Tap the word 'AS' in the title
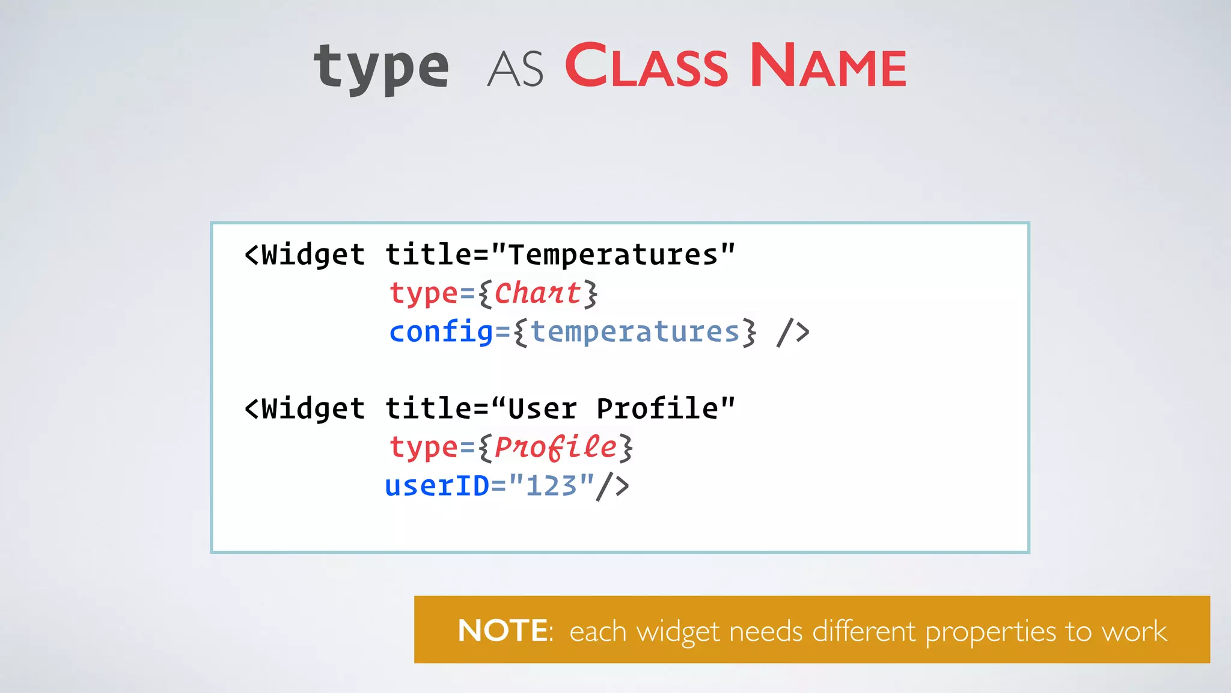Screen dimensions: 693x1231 (515, 70)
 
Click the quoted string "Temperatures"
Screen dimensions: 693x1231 (613, 254)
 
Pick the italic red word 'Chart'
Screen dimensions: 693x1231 (537, 294)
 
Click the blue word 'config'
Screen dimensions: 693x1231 (441, 331)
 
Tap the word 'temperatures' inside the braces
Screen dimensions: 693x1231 (635, 331)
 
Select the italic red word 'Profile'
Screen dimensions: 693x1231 (555, 447)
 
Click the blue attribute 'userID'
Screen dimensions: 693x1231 (437, 485)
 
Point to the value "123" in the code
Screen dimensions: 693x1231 (551, 485)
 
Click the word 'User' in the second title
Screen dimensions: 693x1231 (542, 409)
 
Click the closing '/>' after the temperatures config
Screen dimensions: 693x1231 (793, 333)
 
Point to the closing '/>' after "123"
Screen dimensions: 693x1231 (612, 486)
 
